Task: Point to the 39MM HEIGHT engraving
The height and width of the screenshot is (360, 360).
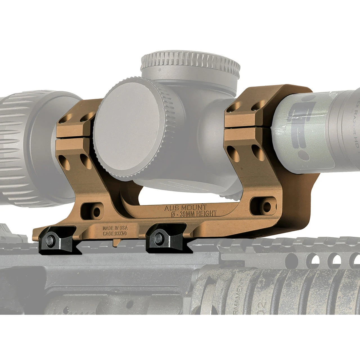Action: pos(198,214)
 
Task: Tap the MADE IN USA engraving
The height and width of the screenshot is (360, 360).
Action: pos(115,228)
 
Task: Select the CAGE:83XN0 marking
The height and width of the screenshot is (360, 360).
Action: pos(115,233)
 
